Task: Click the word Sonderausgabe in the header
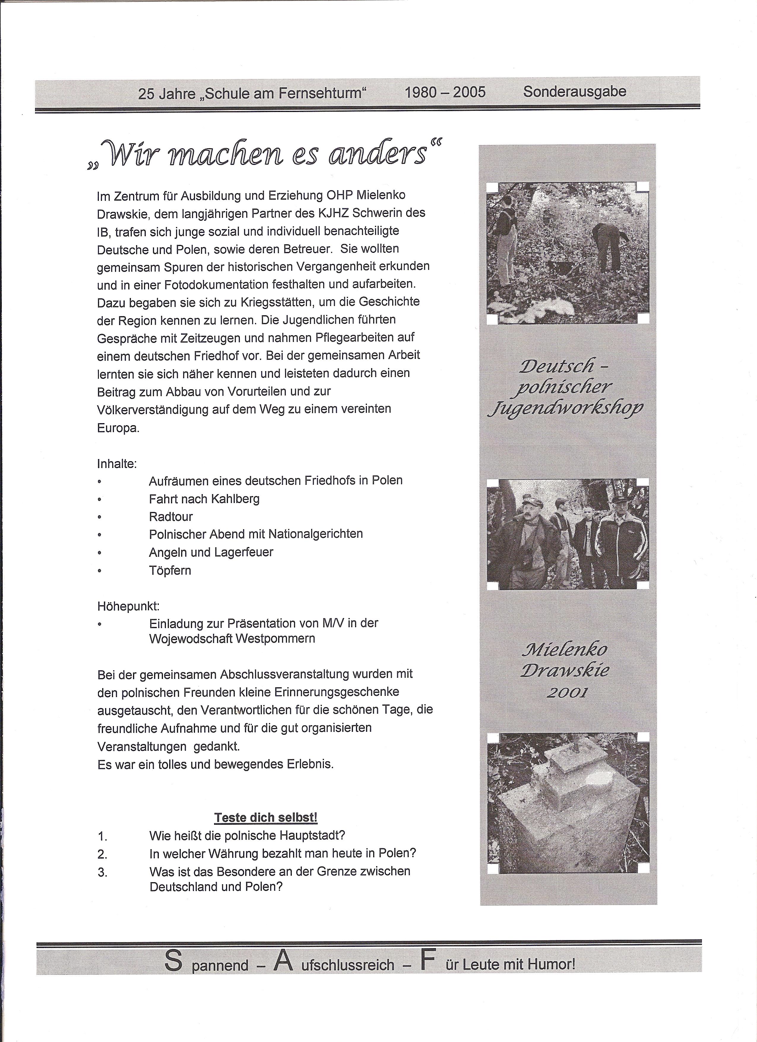[x=574, y=92]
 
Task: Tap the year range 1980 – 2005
[x=445, y=92]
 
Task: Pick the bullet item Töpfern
[x=170, y=570]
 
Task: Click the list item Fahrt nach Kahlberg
[x=204, y=499]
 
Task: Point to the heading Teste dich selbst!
[x=266, y=817]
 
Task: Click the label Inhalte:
[x=117, y=464]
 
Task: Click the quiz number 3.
[x=102, y=872]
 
